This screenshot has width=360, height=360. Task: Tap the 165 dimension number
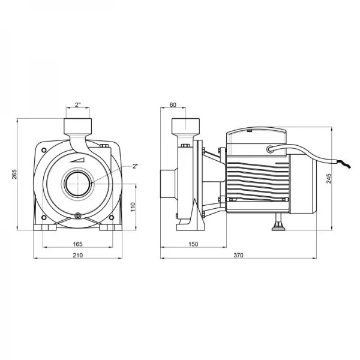pyautogui.click(x=77, y=244)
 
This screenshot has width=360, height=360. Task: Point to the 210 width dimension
pyautogui.click(x=77, y=256)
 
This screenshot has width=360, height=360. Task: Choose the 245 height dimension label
pyautogui.click(x=328, y=178)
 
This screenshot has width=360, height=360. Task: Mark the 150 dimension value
pyautogui.click(x=193, y=244)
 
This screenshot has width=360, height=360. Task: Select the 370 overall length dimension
pyautogui.click(x=238, y=256)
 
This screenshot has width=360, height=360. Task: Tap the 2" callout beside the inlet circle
pyautogui.click(x=135, y=166)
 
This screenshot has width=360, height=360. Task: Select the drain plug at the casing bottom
pyautogui.click(x=77, y=217)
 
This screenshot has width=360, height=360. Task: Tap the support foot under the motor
pyautogui.click(x=279, y=224)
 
